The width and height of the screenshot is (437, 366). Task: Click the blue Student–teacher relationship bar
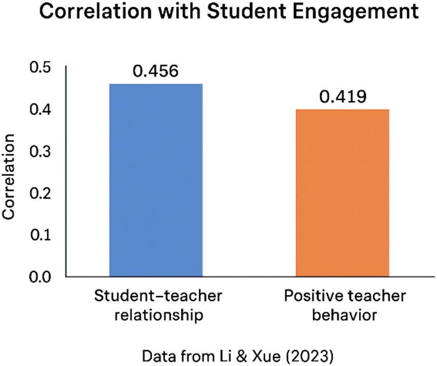[x=156, y=180]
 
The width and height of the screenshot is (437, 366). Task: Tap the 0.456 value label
[x=156, y=70]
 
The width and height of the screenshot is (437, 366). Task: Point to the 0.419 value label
[x=342, y=97]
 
